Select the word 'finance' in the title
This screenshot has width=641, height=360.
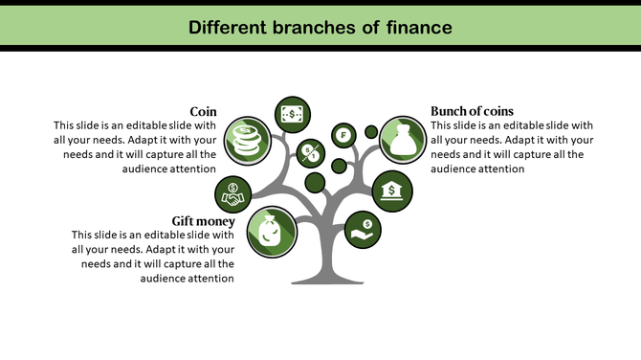pyautogui.click(x=412, y=27)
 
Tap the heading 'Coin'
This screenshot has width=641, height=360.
pyautogui.click(x=203, y=111)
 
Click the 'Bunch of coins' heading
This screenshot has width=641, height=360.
pyautogui.click(x=472, y=111)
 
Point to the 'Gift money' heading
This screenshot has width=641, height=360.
pyautogui.click(x=204, y=221)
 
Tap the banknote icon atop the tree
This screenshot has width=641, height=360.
pyautogui.click(x=291, y=114)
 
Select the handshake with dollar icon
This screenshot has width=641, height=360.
pyautogui.click(x=232, y=194)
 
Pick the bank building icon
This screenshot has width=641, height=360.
pyautogui.click(x=391, y=191)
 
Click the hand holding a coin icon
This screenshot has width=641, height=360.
pyautogui.click(x=365, y=230)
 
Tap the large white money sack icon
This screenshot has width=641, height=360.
pyautogui.click(x=401, y=138)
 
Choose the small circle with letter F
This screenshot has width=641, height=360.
pyautogui.click(x=343, y=134)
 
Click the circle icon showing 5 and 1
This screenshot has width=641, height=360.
pyautogui.click(x=309, y=151)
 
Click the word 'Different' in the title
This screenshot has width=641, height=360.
pyautogui.click(x=227, y=27)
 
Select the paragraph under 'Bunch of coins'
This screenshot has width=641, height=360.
pyautogui.click(x=512, y=146)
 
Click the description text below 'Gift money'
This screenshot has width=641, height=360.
pyautogui.click(x=153, y=257)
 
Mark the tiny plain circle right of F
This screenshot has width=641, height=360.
pyautogui.click(x=371, y=131)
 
